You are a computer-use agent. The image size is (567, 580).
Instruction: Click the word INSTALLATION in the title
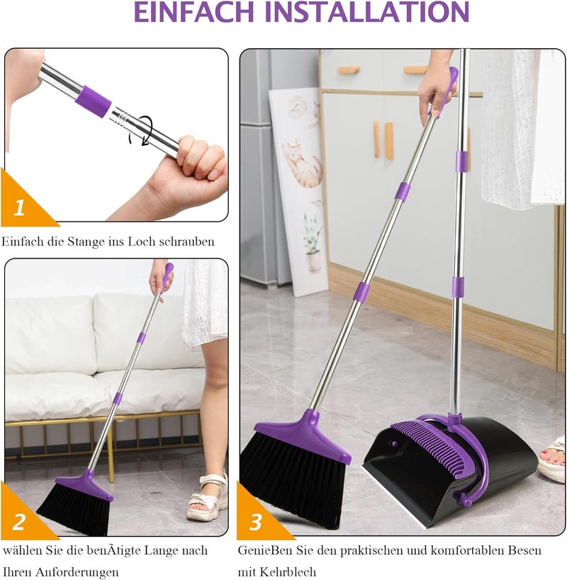[x=367, y=11]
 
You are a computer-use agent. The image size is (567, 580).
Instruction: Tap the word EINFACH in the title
[x=193, y=11]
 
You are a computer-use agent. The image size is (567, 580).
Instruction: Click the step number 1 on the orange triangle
[x=19, y=208]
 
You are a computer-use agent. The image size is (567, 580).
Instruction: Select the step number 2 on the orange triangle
[x=19, y=521]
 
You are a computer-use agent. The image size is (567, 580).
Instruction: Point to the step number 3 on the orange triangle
[x=256, y=522]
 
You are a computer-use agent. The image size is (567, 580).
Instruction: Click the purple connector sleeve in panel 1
[x=94, y=101]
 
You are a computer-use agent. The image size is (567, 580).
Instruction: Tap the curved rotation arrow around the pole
[x=142, y=131]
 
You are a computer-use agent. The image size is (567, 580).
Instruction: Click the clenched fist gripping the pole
[x=196, y=163]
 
